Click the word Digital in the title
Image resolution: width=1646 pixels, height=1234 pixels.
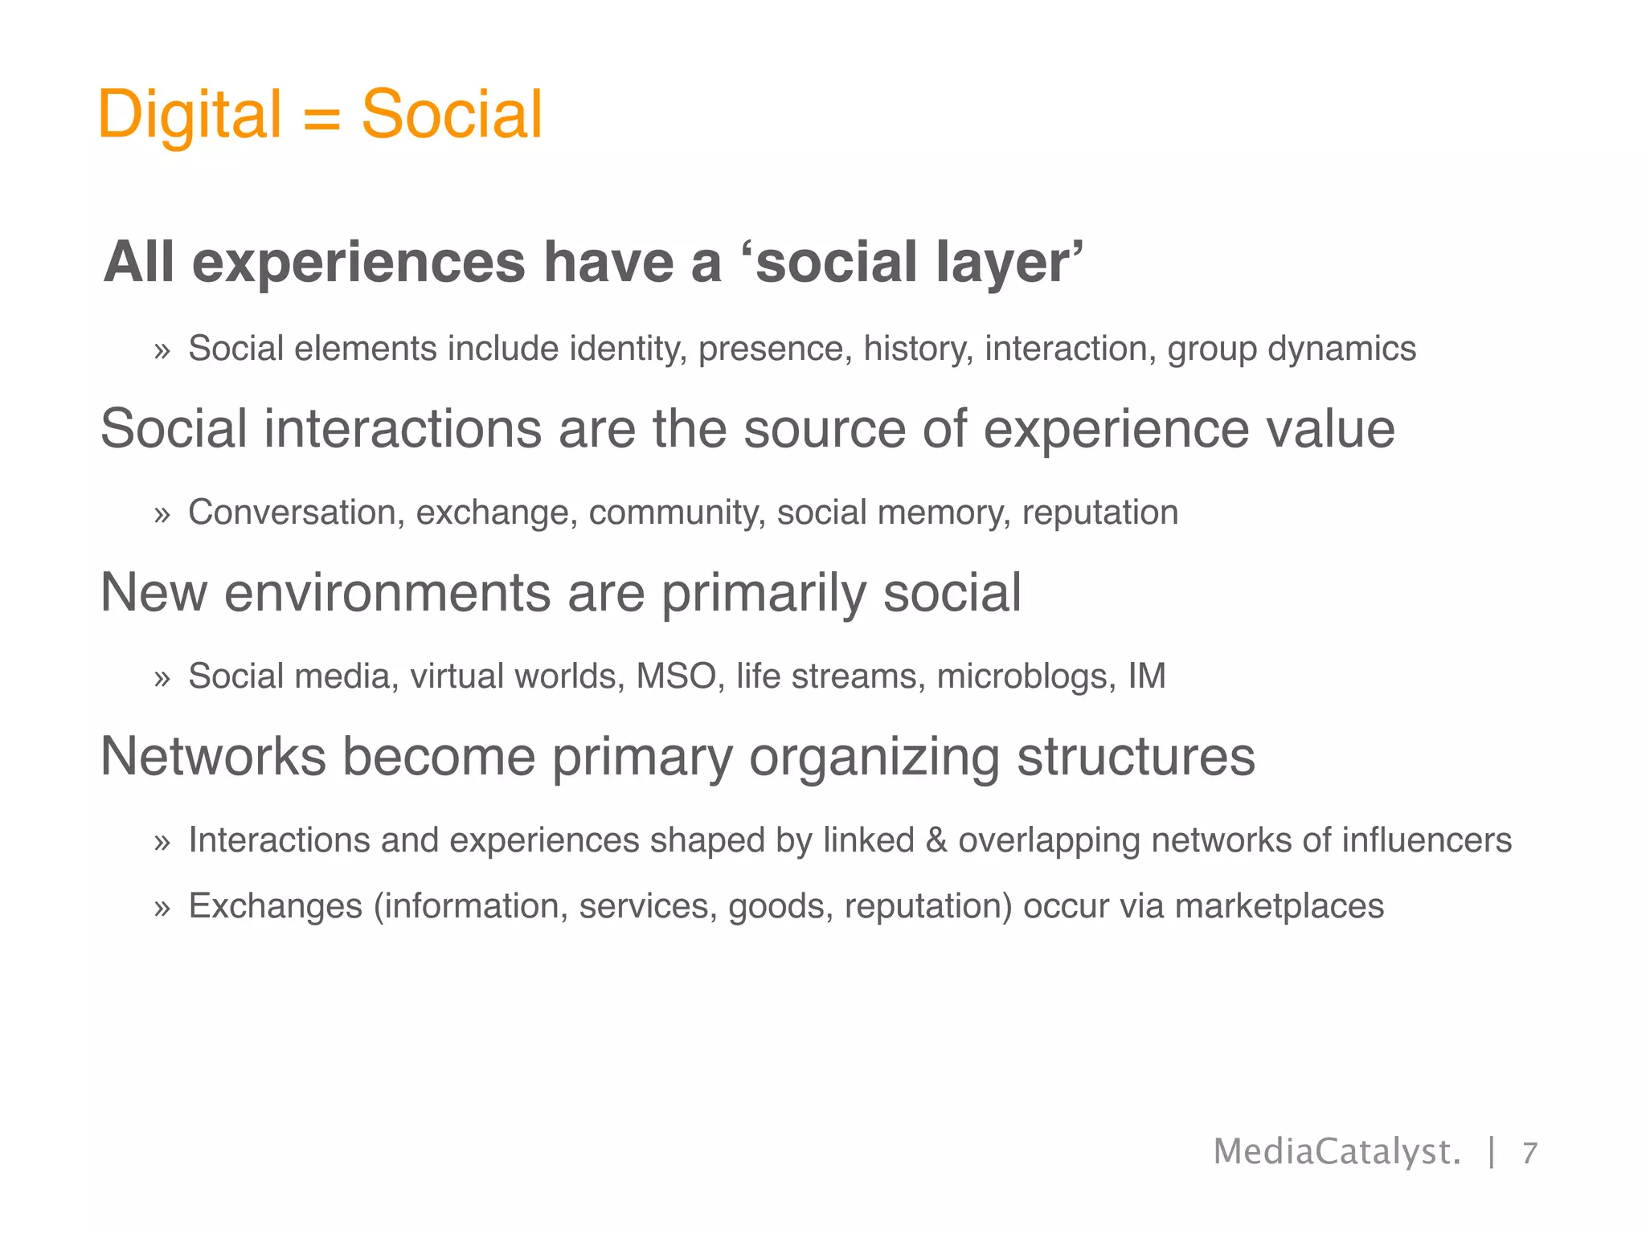click(x=189, y=115)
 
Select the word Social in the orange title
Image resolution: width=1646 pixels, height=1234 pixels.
click(x=452, y=115)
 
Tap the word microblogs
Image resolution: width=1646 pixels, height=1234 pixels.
click(x=1026, y=676)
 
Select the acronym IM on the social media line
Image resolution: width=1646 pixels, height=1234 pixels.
click(x=1147, y=676)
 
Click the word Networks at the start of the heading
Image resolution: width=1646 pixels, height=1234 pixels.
click(x=213, y=757)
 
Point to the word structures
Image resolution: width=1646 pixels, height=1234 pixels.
click(x=1136, y=757)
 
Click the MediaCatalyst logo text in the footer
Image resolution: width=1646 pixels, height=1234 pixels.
click(x=1337, y=1152)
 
